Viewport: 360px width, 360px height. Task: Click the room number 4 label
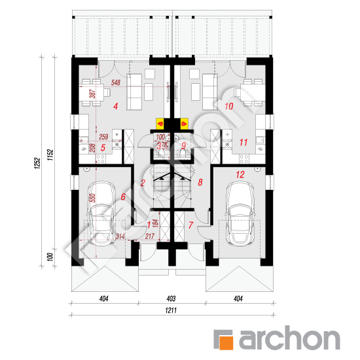(115, 105)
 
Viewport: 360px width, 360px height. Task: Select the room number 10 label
(229, 105)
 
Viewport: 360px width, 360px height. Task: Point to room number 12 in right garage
(240, 175)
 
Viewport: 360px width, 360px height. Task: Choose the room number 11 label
(242, 141)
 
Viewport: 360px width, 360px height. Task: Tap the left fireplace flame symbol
(160, 122)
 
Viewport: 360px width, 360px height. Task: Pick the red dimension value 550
(93, 198)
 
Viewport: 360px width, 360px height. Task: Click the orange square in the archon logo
(225, 340)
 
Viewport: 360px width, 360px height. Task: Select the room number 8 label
(201, 183)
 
